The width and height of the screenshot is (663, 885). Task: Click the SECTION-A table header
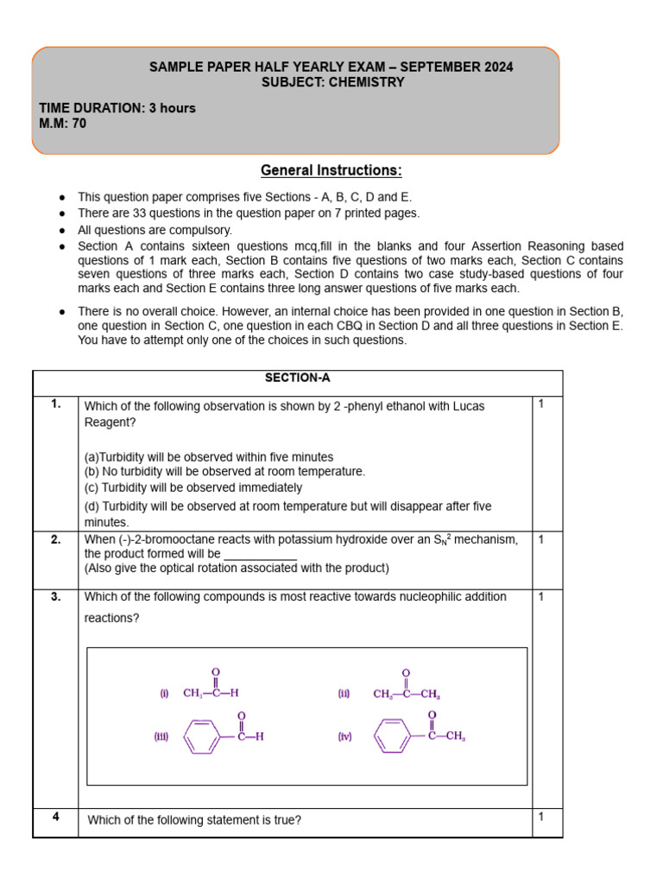click(x=298, y=378)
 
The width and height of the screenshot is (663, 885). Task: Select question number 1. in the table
click(x=55, y=404)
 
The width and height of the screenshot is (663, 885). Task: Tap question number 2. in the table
click(x=55, y=539)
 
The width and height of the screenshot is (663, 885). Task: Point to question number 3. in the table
click(x=55, y=596)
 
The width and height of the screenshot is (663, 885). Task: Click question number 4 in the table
click(x=55, y=817)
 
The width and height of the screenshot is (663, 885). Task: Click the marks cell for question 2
click(x=541, y=539)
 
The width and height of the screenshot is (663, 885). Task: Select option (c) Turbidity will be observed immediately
click(x=193, y=487)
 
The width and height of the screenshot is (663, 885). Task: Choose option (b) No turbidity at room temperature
click(x=224, y=472)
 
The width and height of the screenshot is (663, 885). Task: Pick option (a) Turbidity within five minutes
click(x=209, y=456)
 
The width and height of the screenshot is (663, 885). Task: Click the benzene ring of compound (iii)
click(x=203, y=737)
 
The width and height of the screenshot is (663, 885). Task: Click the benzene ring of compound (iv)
click(x=394, y=737)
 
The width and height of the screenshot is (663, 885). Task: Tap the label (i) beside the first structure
click(x=164, y=693)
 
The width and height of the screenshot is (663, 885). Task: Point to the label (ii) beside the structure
click(x=344, y=693)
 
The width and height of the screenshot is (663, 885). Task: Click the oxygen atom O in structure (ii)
click(x=406, y=672)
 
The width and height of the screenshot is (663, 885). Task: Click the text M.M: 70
click(x=63, y=124)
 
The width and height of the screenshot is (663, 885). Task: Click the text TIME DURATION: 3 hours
click(x=117, y=108)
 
